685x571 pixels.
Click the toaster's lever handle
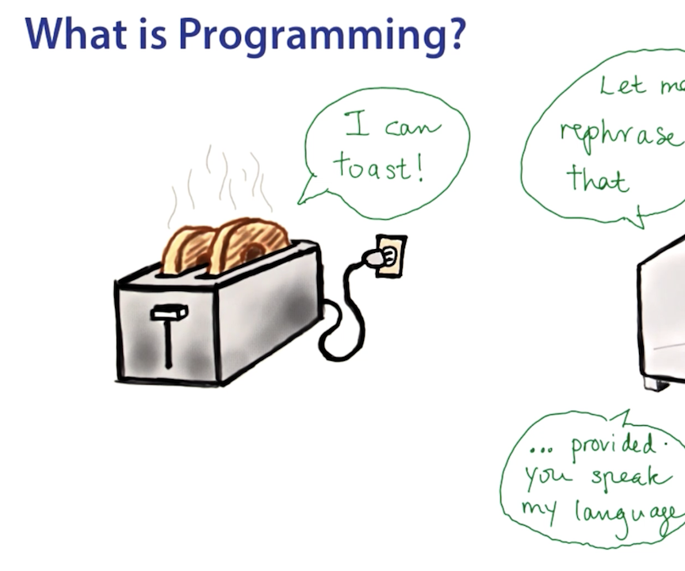(170, 313)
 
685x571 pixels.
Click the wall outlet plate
(391, 255)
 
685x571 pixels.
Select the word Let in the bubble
(623, 85)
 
